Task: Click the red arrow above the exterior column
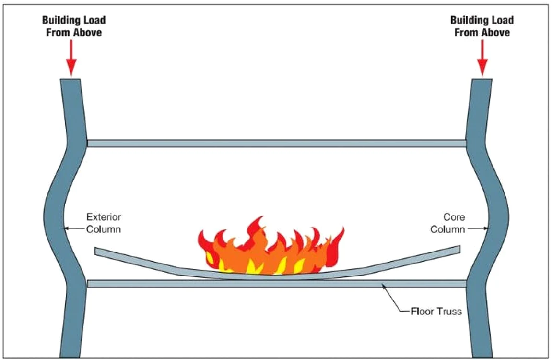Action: pos(71,58)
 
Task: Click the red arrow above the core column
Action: pos(482,58)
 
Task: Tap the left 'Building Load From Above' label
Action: pos(74,26)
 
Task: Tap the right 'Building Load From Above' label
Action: pos(482,26)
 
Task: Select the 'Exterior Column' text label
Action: pos(104,223)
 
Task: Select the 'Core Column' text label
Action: pos(448,223)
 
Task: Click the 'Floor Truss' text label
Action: pos(436,312)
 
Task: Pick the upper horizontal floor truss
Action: pos(277,144)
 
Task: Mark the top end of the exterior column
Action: pos(70,79)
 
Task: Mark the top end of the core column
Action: pos(482,79)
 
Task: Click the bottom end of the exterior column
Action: pos(70,356)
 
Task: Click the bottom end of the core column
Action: pos(482,356)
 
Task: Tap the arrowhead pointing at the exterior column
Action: pos(66,228)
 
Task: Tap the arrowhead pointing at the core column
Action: pos(486,228)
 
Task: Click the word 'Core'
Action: pos(454,217)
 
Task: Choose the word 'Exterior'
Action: pos(104,217)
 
